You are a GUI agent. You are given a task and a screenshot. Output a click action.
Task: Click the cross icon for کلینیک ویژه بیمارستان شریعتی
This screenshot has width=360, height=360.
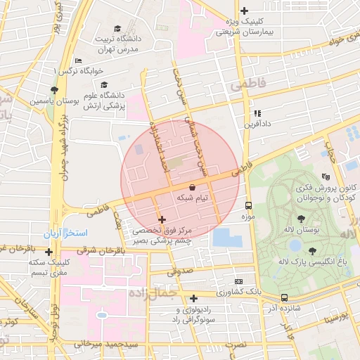(244, 11)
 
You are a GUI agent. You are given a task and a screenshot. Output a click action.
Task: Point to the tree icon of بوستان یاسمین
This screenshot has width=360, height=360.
(54, 89)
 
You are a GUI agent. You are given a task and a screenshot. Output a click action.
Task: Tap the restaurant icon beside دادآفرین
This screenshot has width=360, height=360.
(257, 112)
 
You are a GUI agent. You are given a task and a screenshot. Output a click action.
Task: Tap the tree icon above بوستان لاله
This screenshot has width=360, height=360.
(301, 219)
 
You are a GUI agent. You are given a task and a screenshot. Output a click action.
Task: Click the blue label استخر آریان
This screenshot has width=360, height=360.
(72, 232)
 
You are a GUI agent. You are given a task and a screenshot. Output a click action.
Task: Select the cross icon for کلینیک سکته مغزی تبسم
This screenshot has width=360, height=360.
(49, 251)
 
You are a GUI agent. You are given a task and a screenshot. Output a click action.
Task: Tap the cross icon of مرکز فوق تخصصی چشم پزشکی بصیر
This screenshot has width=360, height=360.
(162, 220)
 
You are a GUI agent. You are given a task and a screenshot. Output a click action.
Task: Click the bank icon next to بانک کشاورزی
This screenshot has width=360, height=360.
(238, 281)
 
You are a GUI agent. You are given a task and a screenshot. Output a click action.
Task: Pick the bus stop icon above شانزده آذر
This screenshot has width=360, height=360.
(284, 297)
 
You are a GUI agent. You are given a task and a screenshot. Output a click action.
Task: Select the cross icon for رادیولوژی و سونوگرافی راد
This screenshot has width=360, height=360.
(193, 299)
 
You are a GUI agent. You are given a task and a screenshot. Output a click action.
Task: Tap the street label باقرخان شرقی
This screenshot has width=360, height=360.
(86, 250)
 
